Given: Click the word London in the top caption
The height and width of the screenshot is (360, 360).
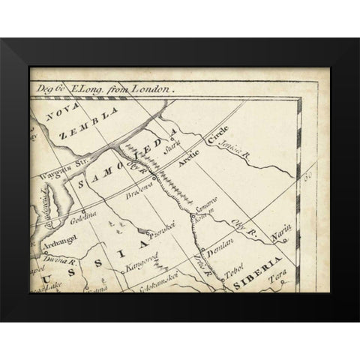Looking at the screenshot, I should pos(153,89).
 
